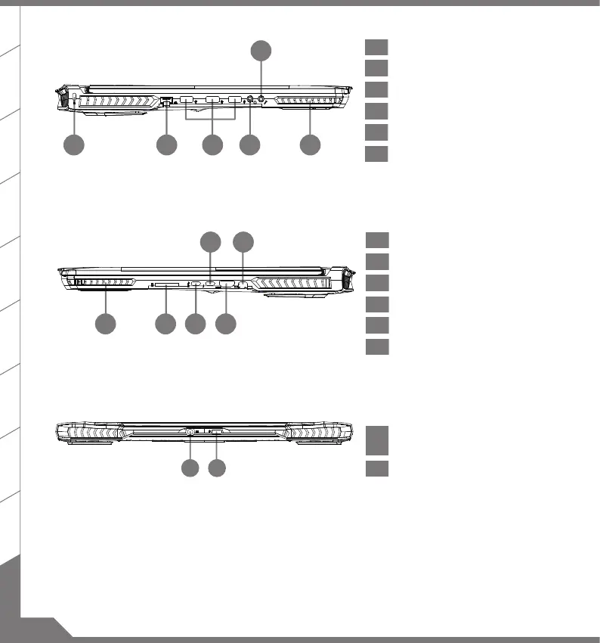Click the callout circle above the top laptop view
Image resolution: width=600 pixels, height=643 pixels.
pyautogui.click(x=261, y=51)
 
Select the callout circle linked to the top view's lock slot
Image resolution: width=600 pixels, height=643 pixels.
pyautogui.click(x=74, y=145)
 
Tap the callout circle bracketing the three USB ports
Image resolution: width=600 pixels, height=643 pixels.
pyautogui.click(x=213, y=145)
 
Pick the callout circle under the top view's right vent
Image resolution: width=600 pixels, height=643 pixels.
pyautogui.click(x=308, y=145)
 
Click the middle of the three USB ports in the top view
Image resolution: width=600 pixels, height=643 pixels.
pyautogui.click(x=212, y=100)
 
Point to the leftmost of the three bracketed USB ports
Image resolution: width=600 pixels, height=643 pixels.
pyautogui.click(x=187, y=100)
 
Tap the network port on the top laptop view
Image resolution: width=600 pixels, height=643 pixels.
pyautogui.click(x=167, y=100)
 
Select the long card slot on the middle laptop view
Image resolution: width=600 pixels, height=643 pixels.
pyautogui.click(x=165, y=285)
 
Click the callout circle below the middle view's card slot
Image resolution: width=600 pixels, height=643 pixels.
pyautogui.click(x=165, y=325)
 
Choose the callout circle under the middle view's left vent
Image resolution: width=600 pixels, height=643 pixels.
pyautogui.click(x=106, y=325)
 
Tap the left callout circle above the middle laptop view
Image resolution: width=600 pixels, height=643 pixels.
pyautogui.click(x=211, y=242)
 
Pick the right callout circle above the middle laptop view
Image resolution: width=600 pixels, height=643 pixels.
pyautogui.click(x=243, y=242)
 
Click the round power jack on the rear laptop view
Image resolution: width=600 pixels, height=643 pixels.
pyautogui.click(x=190, y=431)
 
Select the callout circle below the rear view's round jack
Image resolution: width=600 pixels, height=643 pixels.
pyautogui.click(x=190, y=469)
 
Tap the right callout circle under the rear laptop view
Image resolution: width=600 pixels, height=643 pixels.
pyautogui.click(x=217, y=469)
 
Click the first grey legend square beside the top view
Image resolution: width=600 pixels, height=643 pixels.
pyautogui.click(x=376, y=47)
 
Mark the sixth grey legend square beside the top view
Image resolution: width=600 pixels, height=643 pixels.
pyautogui.click(x=376, y=154)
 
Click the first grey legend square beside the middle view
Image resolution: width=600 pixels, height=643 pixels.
pyautogui.click(x=376, y=241)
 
